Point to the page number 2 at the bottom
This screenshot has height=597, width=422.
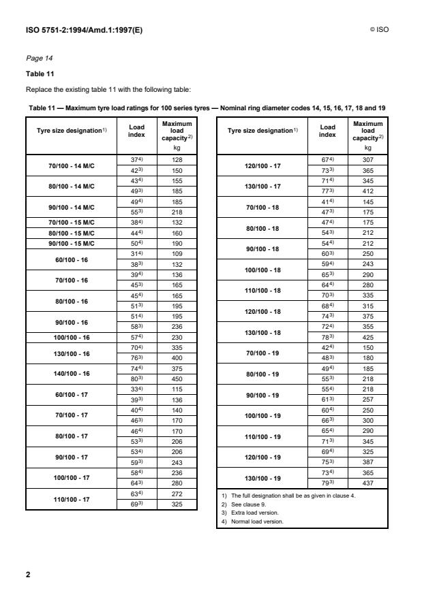(x=28, y=575)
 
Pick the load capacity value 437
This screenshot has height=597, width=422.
(x=368, y=483)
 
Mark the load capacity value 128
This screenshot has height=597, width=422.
(x=177, y=160)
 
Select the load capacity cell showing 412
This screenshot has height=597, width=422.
(x=368, y=193)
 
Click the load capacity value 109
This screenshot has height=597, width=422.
(x=177, y=253)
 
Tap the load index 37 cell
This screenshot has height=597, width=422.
(x=136, y=160)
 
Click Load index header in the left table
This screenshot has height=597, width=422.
(x=136, y=131)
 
